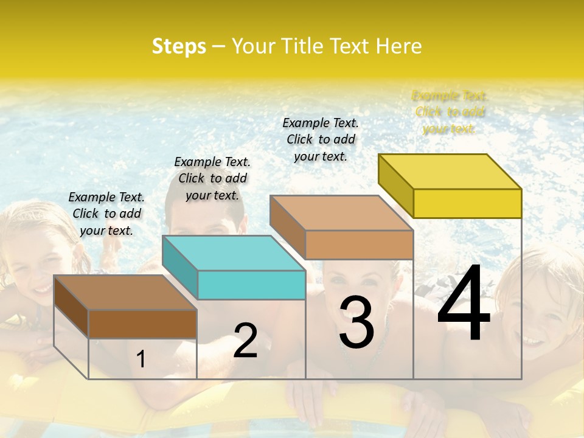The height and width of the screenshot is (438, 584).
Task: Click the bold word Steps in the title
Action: (179, 46)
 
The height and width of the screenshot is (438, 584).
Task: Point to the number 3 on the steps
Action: (356, 323)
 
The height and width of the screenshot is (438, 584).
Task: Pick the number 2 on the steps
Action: (245, 341)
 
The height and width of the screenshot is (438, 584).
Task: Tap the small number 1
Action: (141, 360)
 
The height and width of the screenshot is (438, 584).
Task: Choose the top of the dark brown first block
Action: (125, 293)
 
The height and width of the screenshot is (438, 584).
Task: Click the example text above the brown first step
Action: (106, 214)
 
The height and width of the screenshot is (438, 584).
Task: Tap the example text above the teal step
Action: (212, 178)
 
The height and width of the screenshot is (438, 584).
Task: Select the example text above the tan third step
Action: (321, 139)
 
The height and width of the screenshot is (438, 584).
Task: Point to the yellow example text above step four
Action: (450, 112)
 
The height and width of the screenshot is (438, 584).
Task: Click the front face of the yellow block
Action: (467, 203)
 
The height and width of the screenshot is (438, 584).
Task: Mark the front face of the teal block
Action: (251, 285)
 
